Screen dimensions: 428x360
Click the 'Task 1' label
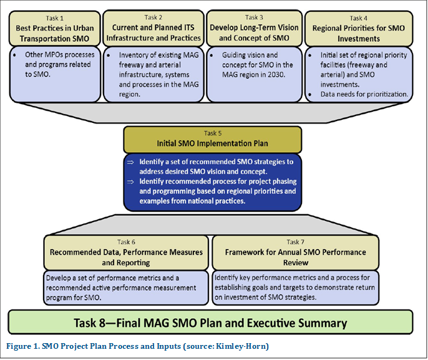pyautogui.click(x=55, y=18)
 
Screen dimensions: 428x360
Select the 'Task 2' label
pyautogui.click(x=153, y=17)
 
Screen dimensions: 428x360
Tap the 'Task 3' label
pyautogui.click(x=254, y=17)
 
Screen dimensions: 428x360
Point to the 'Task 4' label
pyautogui.click(x=358, y=18)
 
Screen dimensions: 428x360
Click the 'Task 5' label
pyautogui.click(x=213, y=133)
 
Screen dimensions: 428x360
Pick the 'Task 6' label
pyautogui.click(x=126, y=242)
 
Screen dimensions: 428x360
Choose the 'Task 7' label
pyautogui.click(x=295, y=242)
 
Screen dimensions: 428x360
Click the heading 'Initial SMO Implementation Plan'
pyautogui.click(x=212, y=144)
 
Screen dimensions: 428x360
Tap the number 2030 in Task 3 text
pyautogui.click(x=276, y=74)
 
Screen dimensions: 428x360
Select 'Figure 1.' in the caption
pyautogui.click(x=23, y=346)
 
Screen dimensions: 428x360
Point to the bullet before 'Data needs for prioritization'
pyautogui.click(x=310, y=94)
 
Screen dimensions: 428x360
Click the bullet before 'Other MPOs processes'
pyautogui.click(x=14, y=55)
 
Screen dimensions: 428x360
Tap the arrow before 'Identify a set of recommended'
pyautogui.click(x=130, y=162)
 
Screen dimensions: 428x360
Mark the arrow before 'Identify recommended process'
pyautogui.click(x=130, y=182)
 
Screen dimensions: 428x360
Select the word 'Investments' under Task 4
pyautogui.click(x=358, y=39)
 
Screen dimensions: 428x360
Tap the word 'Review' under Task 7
pyautogui.click(x=296, y=263)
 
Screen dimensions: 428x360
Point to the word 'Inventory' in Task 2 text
pyautogui.click(x=132, y=55)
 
